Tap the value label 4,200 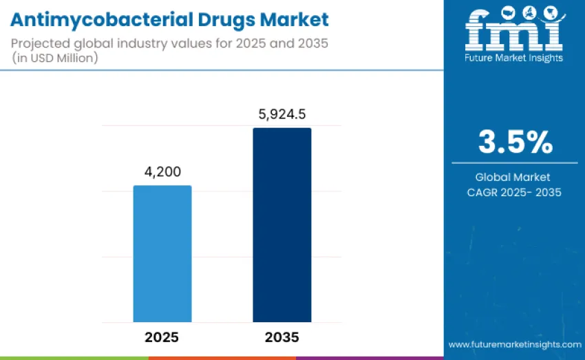(x=162, y=171)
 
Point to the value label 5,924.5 (x=282, y=114)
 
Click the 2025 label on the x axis (x=162, y=337)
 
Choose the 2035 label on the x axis (x=281, y=337)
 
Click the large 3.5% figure (x=515, y=142)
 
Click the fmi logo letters (x=513, y=29)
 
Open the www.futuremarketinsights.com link (x=514, y=343)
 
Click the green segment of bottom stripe (x=74, y=357)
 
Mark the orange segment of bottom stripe (x=222, y=357)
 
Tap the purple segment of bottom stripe (x=370, y=357)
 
